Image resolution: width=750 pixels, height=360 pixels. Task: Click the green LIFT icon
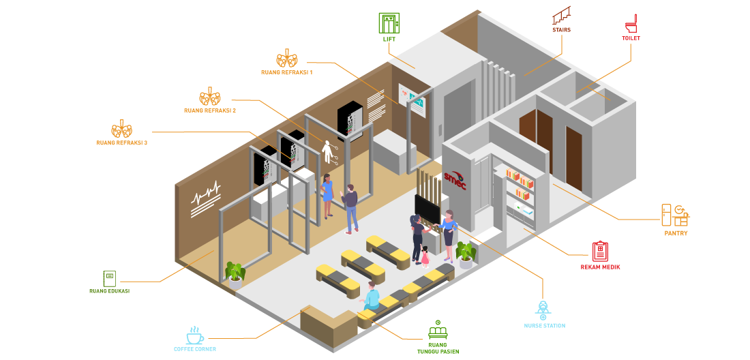[389, 22]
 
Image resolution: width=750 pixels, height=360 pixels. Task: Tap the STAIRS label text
[561, 30]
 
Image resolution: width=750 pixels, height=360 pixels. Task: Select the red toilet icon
[631, 23]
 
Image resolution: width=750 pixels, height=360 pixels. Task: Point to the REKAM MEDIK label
[600, 267]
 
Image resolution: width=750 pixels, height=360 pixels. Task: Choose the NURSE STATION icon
[543, 310]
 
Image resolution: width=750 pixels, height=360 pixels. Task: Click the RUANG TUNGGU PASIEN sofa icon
[438, 332]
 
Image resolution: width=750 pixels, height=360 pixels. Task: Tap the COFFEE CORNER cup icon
[195, 335]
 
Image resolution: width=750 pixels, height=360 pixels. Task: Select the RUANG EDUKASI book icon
[109, 278]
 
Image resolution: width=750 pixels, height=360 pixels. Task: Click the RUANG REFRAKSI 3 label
[122, 143]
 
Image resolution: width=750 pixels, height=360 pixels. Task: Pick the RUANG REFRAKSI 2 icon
[209, 96]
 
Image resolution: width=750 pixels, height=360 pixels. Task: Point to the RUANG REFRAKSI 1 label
[286, 72]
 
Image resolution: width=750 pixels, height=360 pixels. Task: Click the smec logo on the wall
[455, 179]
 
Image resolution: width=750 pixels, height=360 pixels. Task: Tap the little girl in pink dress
[425, 256]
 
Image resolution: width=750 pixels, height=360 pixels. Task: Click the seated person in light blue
[372, 297]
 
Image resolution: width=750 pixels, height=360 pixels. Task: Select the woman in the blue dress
[328, 195]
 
